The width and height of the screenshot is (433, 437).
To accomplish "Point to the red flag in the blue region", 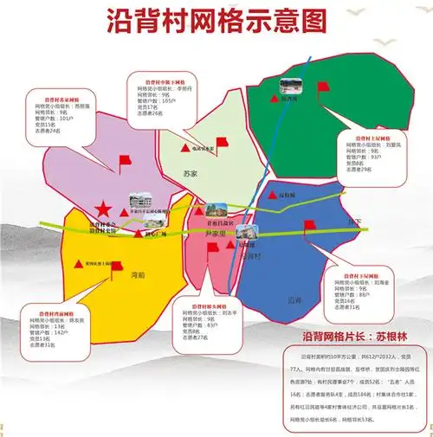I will click(x=308, y=227).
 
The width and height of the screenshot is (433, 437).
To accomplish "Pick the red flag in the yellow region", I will click(x=115, y=268).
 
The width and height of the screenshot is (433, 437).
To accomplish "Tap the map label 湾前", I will click(x=137, y=275).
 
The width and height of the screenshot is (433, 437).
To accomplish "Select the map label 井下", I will click(x=353, y=223).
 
